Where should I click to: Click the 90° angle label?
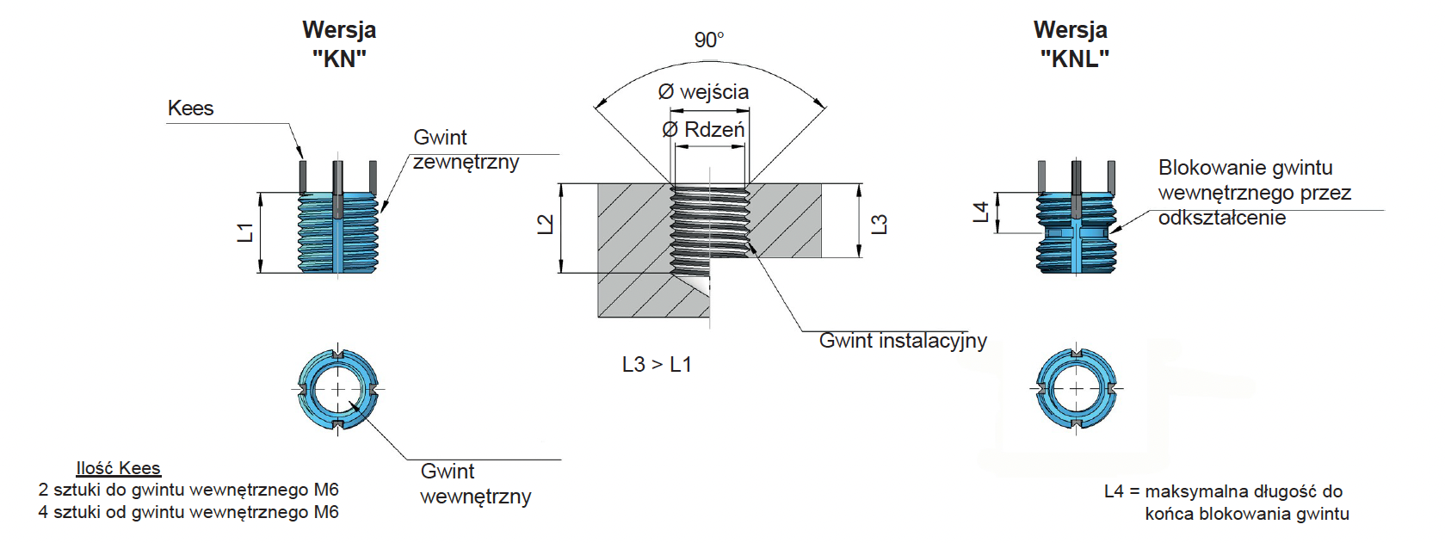click(x=709, y=40)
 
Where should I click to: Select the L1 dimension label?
click(x=246, y=232)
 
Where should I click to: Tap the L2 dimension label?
click(x=546, y=225)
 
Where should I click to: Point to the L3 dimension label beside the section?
click(x=880, y=225)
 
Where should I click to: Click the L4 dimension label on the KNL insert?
click(x=981, y=213)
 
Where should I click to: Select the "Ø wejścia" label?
click(x=703, y=91)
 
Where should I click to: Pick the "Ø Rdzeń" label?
click(x=703, y=130)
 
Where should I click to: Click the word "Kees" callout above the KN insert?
click(x=190, y=108)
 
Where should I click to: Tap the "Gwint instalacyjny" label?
click(x=903, y=341)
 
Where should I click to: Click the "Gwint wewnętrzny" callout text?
click(x=475, y=484)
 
